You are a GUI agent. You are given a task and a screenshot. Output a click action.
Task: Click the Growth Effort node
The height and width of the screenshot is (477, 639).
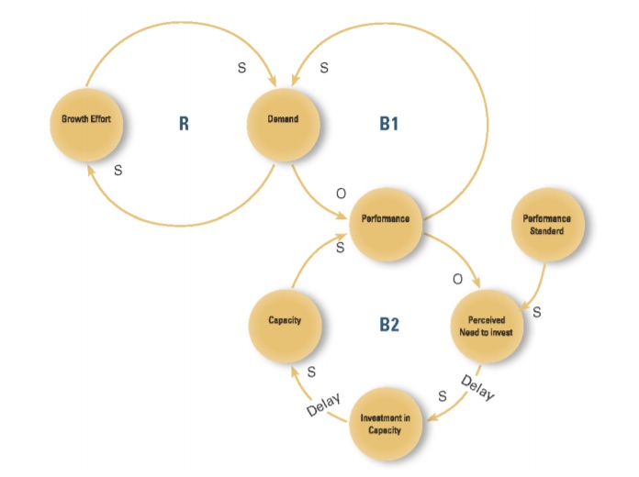[86, 119]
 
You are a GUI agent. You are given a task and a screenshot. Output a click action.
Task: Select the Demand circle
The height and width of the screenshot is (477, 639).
[284, 119]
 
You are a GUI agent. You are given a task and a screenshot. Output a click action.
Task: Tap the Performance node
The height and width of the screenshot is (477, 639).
[386, 220]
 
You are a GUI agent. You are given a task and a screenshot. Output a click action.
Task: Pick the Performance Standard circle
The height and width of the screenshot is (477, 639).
[546, 225]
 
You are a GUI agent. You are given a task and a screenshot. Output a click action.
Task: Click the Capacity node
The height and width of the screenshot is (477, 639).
[285, 321]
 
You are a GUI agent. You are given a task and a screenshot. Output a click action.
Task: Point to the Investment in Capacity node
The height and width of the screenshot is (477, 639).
[387, 425]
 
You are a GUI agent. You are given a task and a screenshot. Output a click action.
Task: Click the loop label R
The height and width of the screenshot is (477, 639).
[184, 123]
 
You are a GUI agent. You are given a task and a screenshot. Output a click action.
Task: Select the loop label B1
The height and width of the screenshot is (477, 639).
[389, 123]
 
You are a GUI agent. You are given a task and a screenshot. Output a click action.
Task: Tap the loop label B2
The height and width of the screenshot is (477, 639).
[389, 325]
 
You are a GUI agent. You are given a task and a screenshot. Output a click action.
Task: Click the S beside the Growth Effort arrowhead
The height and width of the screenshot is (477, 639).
[118, 171]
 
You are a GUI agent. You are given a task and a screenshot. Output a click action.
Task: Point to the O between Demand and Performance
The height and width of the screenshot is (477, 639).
[341, 194]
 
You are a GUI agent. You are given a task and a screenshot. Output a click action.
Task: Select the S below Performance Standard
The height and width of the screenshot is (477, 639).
[536, 312]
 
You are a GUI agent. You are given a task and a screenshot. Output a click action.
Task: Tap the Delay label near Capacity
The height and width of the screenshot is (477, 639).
[323, 405]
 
